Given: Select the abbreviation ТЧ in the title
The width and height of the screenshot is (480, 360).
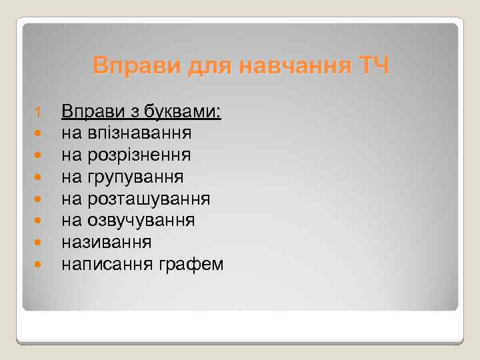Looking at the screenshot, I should pos(374,67).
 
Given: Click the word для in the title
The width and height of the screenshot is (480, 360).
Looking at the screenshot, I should pos(205,67).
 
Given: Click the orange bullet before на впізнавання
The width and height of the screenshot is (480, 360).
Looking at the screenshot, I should pos(40,134).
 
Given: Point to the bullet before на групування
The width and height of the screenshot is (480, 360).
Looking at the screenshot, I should pos(40,178).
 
